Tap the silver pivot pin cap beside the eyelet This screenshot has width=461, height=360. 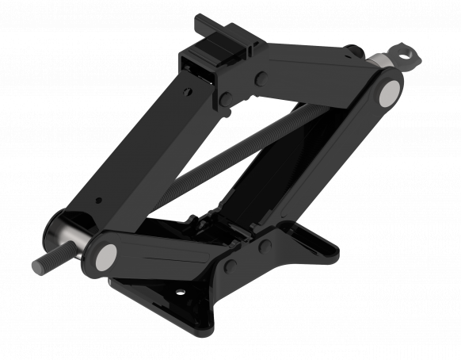(x=387, y=93)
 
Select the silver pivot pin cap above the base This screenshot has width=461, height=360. (x=105, y=255)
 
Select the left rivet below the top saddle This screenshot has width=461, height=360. (x=226, y=98)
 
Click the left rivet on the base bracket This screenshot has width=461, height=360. (x=230, y=266)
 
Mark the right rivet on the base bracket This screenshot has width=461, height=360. (x=265, y=246)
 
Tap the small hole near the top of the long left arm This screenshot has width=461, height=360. (x=187, y=92)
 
